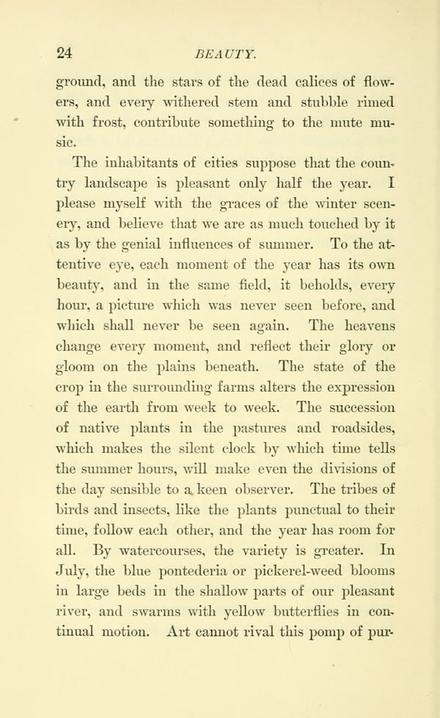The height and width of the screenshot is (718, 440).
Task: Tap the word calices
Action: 264,81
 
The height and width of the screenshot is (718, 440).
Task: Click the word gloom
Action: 76,367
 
